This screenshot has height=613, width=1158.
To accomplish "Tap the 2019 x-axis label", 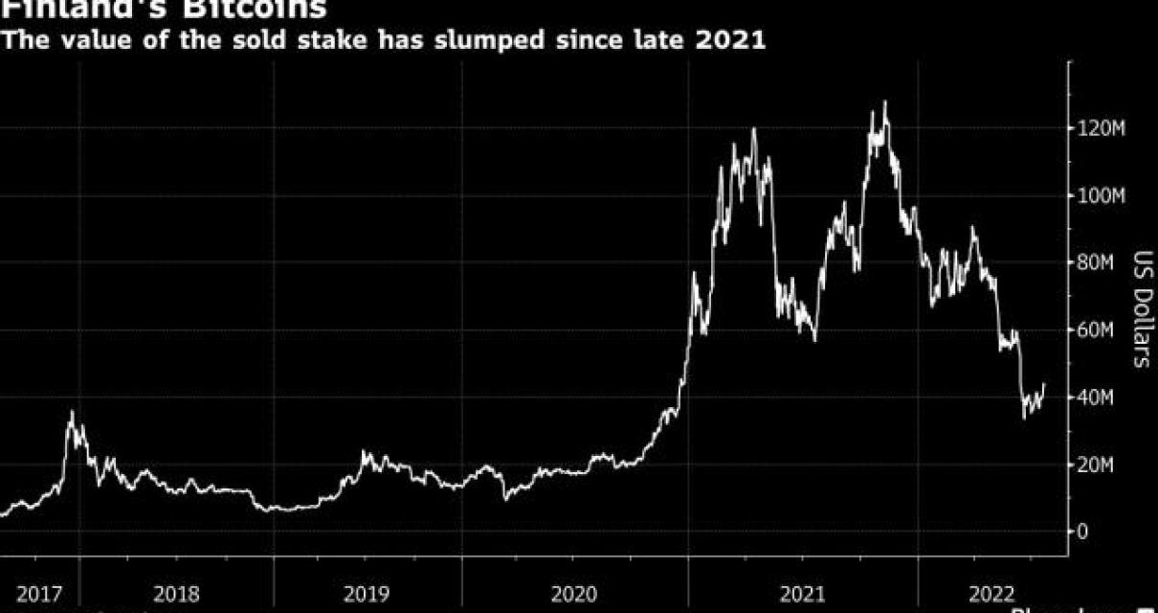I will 366,594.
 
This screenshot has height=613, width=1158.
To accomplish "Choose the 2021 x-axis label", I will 802,594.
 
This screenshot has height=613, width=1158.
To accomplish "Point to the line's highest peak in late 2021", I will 885,102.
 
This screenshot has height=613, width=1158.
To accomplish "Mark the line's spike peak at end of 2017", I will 70,412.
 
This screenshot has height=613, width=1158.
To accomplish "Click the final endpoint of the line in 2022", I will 1044,384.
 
